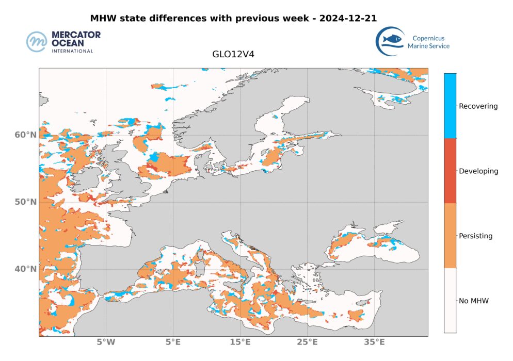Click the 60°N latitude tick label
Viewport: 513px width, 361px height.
pyautogui.click(x=25, y=135)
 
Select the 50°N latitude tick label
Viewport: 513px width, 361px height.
pyautogui.click(x=25, y=202)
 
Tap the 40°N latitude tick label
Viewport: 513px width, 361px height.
pyautogui.click(x=25, y=269)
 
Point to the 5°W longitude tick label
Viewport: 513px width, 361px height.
pyautogui.click(x=106, y=342)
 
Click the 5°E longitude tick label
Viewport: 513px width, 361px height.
pyautogui.click(x=173, y=342)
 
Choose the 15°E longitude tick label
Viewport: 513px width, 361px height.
pyautogui.click(x=240, y=342)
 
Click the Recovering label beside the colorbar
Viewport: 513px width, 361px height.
pyautogui.click(x=478, y=106)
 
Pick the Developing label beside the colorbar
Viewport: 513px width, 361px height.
pyautogui.click(x=478, y=171)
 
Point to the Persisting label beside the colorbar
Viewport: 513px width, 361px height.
pyautogui.click(x=476, y=236)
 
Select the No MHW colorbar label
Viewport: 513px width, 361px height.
pyautogui.click(x=474, y=301)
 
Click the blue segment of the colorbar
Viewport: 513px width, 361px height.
pyautogui.click(x=450, y=106)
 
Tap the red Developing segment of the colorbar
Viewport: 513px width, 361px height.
pyautogui.click(x=450, y=171)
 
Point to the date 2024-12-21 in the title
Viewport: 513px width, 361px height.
pyautogui.click(x=348, y=18)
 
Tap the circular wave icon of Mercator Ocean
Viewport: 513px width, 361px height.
pyautogui.click(x=37, y=42)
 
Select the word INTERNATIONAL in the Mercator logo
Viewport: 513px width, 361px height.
pyautogui.click(x=72, y=51)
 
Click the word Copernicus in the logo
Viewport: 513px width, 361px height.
pyautogui.click(x=428, y=38)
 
